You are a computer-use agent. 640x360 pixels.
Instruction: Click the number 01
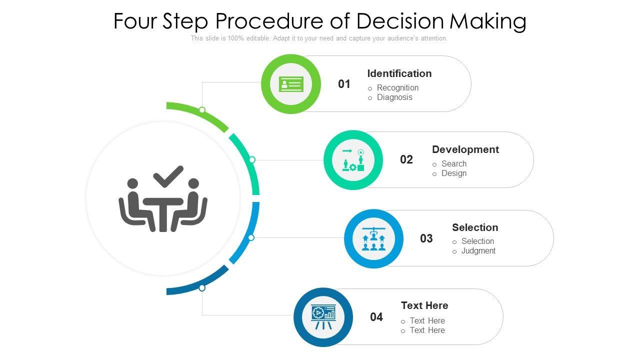[344, 84]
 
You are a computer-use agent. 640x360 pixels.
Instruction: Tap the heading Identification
[399, 73]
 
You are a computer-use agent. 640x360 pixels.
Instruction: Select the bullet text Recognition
[397, 88]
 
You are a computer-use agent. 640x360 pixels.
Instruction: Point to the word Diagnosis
[394, 97]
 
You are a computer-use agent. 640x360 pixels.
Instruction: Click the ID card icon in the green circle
[291, 84]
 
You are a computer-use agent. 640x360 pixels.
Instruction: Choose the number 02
[406, 160]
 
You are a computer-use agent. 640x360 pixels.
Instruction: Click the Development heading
[465, 149]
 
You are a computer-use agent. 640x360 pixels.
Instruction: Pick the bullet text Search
[453, 164]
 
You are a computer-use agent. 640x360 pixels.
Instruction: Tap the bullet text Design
[453, 173]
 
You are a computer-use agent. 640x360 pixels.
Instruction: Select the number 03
[426, 238]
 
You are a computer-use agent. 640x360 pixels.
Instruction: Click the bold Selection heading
[474, 227]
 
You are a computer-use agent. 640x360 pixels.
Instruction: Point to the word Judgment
[478, 251]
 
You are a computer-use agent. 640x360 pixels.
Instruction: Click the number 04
[376, 317]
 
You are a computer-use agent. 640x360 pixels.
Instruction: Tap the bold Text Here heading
[424, 305]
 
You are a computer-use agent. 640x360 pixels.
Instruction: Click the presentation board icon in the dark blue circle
[323, 317]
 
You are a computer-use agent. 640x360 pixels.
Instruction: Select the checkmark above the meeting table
[168, 176]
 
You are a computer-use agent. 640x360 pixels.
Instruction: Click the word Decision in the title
[400, 21]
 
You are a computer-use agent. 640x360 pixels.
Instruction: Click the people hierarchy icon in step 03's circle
[373, 238]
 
